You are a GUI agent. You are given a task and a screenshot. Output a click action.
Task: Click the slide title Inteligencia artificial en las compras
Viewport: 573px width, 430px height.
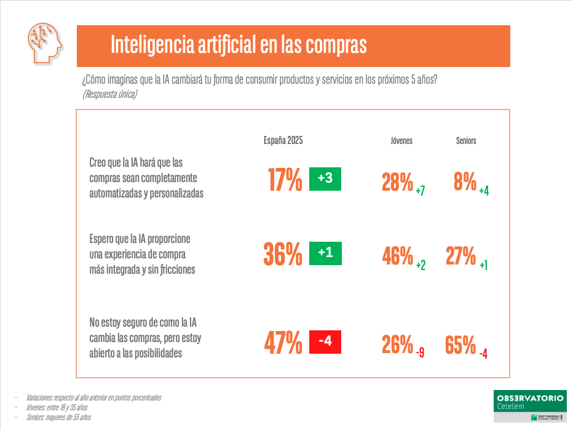pyautogui.click(x=239, y=45)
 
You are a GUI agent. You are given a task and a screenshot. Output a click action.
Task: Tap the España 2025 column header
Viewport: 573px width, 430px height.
pyautogui.click(x=283, y=140)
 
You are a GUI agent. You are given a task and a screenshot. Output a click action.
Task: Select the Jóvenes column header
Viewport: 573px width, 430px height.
pyautogui.click(x=401, y=141)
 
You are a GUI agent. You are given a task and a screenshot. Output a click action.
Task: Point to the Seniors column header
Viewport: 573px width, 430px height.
pyautogui.click(x=466, y=141)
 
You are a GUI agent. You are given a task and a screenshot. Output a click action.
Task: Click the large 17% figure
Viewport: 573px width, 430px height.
pyautogui.click(x=285, y=180)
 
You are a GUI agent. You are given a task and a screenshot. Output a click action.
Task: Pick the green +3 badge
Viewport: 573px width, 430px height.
pyautogui.click(x=325, y=179)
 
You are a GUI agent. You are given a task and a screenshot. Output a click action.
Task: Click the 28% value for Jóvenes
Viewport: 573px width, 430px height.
pyautogui.click(x=397, y=182)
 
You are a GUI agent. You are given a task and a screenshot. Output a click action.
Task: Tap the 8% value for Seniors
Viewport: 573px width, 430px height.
pyautogui.click(x=465, y=182)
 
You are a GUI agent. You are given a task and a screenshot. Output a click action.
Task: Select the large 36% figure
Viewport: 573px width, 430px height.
pyautogui.click(x=283, y=254)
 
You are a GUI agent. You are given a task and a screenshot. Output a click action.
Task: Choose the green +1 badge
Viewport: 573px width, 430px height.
pyautogui.click(x=325, y=253)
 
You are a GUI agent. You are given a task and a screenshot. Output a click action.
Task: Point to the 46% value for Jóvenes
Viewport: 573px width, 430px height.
pyautogui.click(x=397, y=257)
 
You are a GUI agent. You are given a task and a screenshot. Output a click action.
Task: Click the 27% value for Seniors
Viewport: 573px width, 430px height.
pyautogui.click(x=461, y=256)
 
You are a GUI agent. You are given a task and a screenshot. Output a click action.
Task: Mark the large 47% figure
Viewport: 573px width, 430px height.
pyautogui.click(x=283, y=343)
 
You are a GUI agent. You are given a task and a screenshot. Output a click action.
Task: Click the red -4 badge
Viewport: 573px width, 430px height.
pyautogui.click(x=325, y=341)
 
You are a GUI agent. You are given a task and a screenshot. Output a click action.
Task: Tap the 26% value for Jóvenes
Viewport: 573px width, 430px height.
pyautogui.click(x=397, y=345)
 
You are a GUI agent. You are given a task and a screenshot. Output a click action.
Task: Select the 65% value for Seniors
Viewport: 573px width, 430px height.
pyautogui.click(x=460, y=345)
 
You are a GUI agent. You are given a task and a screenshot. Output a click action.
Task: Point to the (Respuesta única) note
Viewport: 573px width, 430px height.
pyautogui.click(x=109, y=94)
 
